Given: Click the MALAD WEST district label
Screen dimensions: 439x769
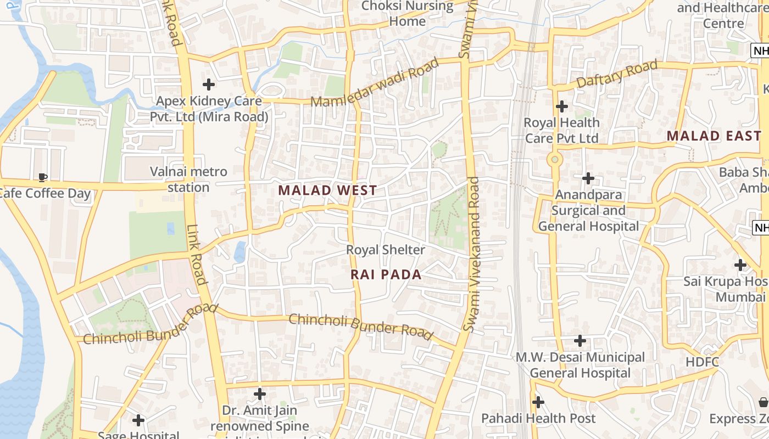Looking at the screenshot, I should (x=327, y=190).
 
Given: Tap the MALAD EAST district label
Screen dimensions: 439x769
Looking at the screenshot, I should (x=714, y=136).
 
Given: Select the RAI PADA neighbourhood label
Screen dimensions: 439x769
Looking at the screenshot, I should (x=386, y=274).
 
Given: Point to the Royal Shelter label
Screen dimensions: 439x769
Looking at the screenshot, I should (x=385, y=250).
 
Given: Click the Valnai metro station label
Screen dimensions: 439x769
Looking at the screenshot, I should (x=188, y=179).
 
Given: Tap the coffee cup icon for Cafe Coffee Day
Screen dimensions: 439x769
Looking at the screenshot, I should (x=42, y=177).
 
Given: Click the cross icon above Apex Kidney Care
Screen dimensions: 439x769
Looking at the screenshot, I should (x=209, y=85).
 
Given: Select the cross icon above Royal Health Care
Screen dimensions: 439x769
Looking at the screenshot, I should (x=561, y=106).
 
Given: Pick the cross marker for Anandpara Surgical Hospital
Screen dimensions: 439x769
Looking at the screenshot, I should (x=588, y=178).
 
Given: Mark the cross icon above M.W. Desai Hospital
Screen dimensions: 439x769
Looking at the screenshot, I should (x=580, y=341).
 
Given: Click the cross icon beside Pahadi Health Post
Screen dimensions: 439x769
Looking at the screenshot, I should (x=538, y=402).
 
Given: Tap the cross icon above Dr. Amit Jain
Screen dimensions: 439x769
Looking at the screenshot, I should (x=260, y=394).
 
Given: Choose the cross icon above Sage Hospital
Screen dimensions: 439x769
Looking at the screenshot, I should (x=138, y=420).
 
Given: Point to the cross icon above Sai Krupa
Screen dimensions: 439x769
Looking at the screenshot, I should (x=740, y=265).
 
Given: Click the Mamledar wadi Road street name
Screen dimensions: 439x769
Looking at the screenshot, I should (x=375, y=82).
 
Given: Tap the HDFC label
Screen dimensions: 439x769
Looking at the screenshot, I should (x=702, y=362).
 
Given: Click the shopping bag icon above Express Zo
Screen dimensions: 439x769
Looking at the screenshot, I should (x=763, y=402).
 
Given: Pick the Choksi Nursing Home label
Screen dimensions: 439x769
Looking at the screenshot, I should (x=407, y=14).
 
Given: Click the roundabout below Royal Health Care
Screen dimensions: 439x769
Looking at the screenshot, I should (x=555, y=160).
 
